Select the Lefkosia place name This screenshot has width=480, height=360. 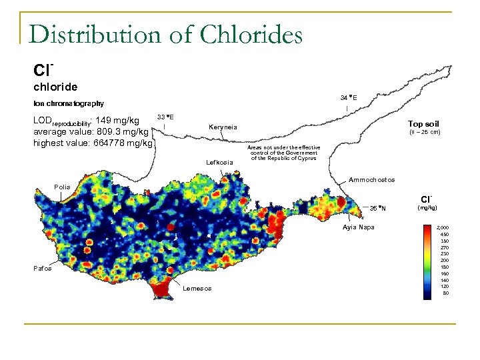point(219,162)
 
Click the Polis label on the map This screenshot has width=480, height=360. point(63,187)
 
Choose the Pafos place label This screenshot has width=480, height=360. point(43,268)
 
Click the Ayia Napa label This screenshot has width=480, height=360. point(359,227)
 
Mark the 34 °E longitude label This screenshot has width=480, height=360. point(348,97)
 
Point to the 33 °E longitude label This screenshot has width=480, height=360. point(165,117)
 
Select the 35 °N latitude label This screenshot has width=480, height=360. point(378,207)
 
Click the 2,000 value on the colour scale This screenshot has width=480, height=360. point(442,227)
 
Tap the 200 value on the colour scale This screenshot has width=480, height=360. point(444,260)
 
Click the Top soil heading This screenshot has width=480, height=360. point(423,124)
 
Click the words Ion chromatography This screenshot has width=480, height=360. point(69,103)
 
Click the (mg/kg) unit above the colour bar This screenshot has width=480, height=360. point(427,208)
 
